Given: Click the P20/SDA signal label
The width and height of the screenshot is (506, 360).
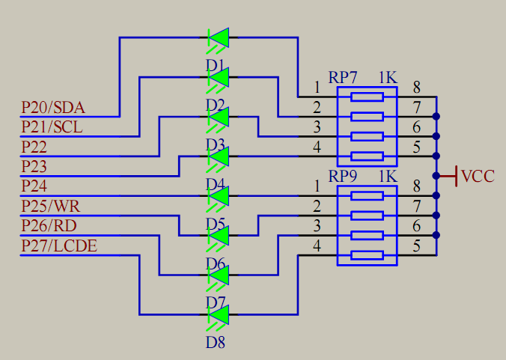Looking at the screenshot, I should pos(52,107).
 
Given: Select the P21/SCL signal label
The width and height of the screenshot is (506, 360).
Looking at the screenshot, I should pos(52,127).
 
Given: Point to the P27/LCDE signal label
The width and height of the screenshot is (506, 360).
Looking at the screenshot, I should pos(58,245).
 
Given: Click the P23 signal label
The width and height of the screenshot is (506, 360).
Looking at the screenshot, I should pos(34,166).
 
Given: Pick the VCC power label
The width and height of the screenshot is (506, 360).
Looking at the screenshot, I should pos(478,177).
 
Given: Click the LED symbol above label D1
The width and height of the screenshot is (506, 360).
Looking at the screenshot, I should pos(218,36).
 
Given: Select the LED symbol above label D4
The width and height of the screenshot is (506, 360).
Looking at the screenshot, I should pos(218,156).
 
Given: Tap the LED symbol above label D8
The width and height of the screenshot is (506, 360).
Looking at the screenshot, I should pos(218,315).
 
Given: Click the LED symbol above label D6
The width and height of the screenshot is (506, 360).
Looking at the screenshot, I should pos(218,236).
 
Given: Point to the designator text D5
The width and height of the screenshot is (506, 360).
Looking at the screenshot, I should pos(216,224).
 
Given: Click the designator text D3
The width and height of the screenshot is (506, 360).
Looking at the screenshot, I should pos(216,144).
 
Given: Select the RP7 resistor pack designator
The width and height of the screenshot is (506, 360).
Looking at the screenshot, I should pos(343,78).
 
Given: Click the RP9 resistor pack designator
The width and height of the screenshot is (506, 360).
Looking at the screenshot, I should pos(343,177).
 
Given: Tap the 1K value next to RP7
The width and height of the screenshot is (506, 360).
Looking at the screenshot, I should pos(387,78).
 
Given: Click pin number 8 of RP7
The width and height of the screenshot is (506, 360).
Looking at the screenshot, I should pos(416,87).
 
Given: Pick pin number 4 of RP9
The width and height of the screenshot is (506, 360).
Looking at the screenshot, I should pos(317,245).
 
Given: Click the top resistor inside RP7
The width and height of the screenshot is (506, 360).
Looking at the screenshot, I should pos(367,97).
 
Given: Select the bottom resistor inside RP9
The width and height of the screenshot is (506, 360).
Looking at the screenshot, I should pos(367,255).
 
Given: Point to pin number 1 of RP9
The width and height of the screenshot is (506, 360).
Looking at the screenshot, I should pos(317,185).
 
